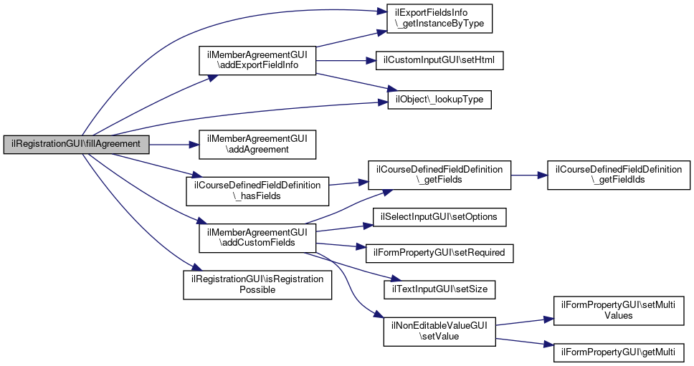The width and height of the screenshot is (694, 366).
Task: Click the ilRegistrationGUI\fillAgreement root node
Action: click(77, 144)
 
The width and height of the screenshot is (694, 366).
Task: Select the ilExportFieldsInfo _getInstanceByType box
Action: click(439, 19)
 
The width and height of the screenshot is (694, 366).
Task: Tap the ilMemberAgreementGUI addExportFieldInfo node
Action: click(257, 60)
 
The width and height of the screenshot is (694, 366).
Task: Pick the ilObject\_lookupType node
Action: click(439, 99)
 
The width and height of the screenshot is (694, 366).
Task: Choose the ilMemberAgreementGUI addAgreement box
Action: click(257, 144)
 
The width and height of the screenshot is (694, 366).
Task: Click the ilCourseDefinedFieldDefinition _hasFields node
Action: click(257, 190)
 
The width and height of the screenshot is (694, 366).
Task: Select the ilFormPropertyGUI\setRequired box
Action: click(440, 252)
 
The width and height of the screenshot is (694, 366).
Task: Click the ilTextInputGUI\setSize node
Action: click(439, 289)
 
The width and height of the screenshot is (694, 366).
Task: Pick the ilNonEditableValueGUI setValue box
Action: click(439, 330)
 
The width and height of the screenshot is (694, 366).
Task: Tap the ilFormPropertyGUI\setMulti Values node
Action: click(618, 309)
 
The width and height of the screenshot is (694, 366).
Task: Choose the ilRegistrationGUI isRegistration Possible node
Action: click(257, 284)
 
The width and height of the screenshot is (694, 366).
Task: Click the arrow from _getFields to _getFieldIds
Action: click(529, 175)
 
